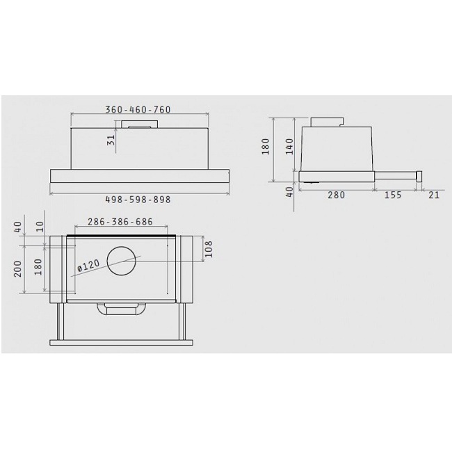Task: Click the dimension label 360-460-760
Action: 138,110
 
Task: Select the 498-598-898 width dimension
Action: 138,200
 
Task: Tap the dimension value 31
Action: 111,140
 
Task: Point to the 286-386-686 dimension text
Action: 120,222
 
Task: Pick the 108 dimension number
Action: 208,250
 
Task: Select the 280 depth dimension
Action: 336,195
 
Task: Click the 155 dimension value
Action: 393,195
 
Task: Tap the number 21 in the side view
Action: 434,195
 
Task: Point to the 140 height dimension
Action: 289,147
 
